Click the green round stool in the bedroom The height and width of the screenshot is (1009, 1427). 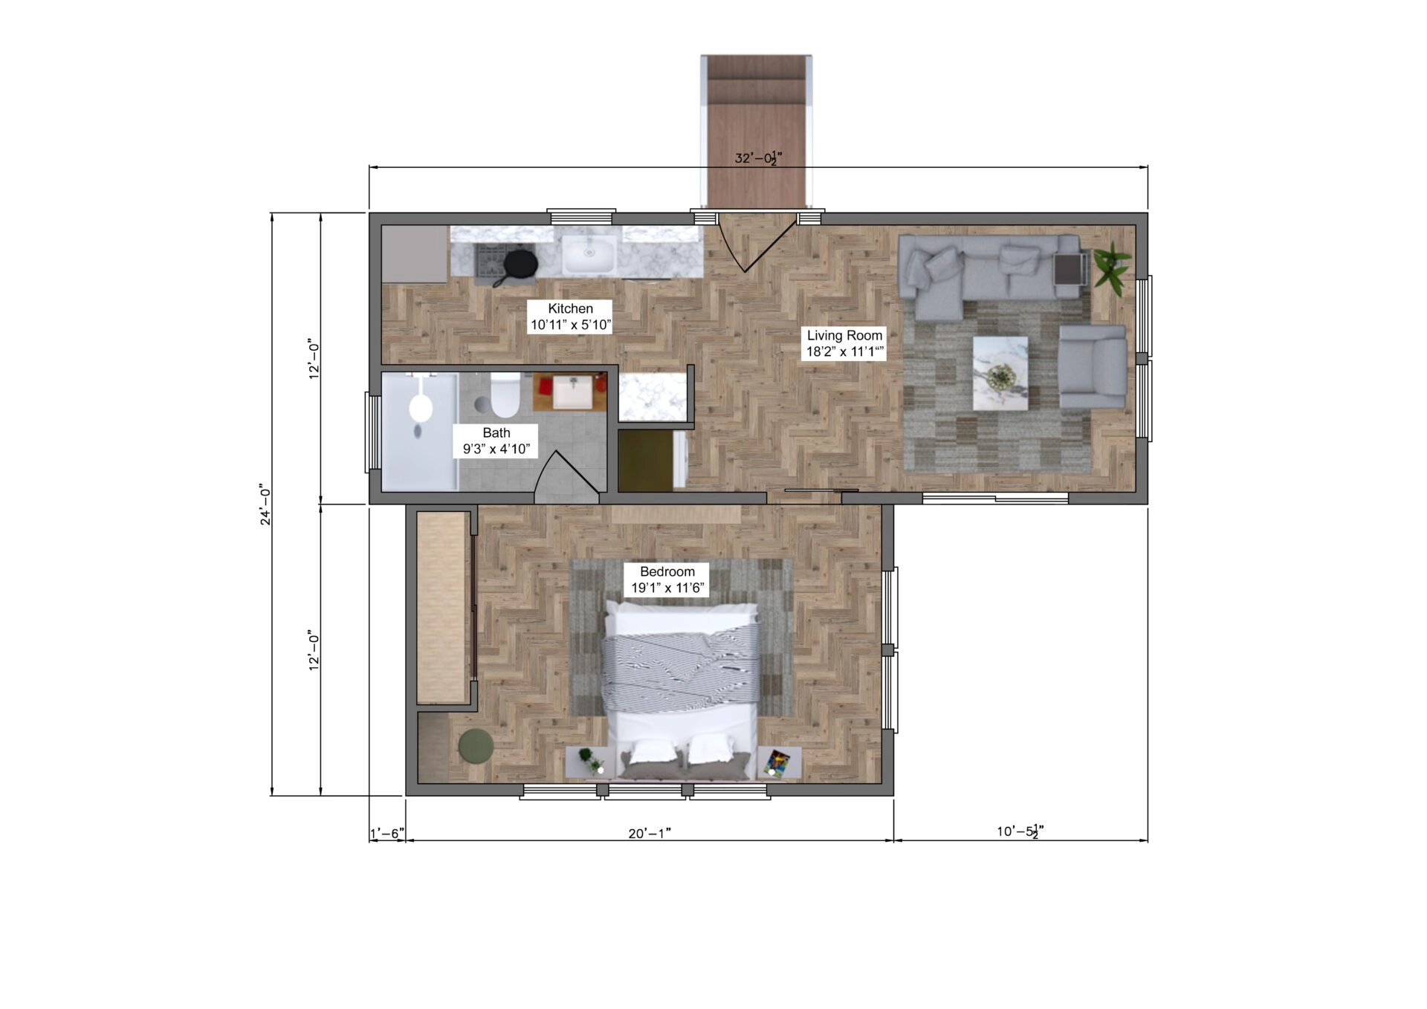coord(476,746)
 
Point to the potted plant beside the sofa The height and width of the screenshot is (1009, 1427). coord(1111,267)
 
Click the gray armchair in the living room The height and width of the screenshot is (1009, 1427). coord(1092,366)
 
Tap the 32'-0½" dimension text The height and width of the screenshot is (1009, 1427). coord(759,158)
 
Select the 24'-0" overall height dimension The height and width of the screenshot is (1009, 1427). coord(265,504)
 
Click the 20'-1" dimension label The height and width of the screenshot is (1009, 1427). coord(650,834)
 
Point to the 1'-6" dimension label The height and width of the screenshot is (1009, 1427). coord(386,834)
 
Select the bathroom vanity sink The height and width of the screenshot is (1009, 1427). coord(573,392)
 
